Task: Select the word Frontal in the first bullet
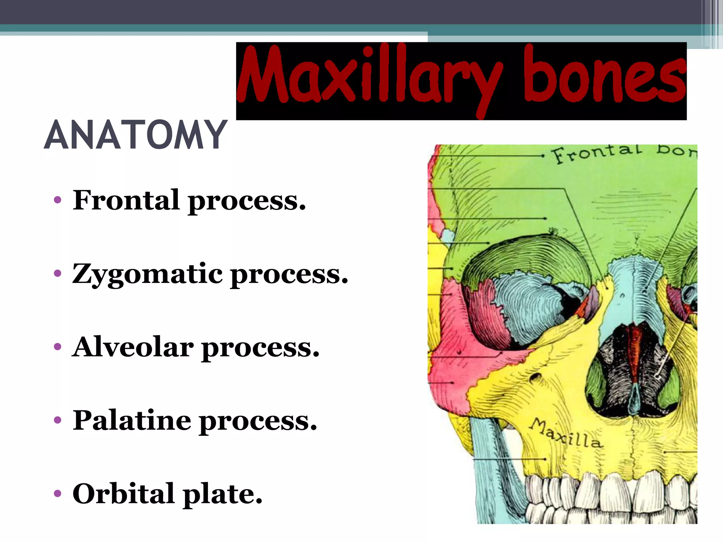click(126, 200)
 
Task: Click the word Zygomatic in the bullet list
click(147, 275)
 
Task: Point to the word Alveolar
click(133, 348)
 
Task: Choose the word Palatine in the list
click(132, 421)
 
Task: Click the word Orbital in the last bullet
click(124, 494)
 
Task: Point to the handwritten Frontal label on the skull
click(597, 153)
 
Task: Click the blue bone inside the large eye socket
click(530, 303)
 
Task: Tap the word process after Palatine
click(258, 421)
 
